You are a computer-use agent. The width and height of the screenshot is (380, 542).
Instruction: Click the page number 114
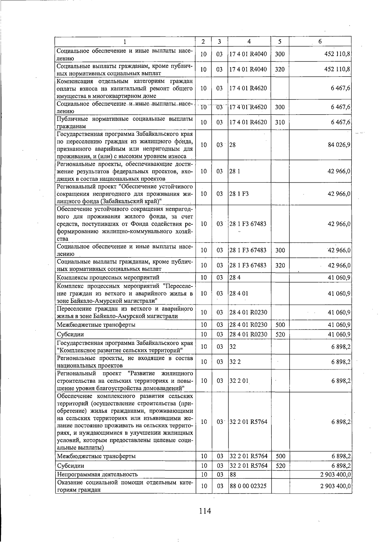(x=205, y=511)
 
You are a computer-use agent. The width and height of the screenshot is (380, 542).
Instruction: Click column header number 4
(x=249, y=41)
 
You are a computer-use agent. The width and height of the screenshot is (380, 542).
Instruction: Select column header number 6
(x=320, y=41)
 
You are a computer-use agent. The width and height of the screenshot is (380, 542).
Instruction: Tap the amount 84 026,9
(x=339, y=145)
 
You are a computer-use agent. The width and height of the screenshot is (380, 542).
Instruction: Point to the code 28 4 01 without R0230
(x=239, y=293)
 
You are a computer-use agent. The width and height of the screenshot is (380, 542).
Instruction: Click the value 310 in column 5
(x=280, y=122)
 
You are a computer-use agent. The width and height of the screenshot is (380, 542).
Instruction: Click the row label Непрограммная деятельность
(x=97, y=474)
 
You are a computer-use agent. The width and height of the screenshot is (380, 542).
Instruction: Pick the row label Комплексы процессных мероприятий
(x=108, y=278)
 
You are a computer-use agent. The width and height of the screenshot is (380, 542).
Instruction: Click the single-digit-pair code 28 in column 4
(x=232, y=145)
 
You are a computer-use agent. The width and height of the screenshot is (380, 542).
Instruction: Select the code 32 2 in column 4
(x=235, y=362)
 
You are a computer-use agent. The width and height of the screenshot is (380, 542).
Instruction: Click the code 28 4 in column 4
(x=235, y=278)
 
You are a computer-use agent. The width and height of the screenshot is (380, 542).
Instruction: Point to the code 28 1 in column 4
(x=235, y=171)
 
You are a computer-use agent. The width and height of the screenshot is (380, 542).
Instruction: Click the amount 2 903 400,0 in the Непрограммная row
(x=335, y=474)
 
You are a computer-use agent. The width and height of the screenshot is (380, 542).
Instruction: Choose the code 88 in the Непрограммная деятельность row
(x=233, y=474)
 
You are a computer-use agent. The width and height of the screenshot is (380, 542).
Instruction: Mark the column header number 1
(x=125, y=41)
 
